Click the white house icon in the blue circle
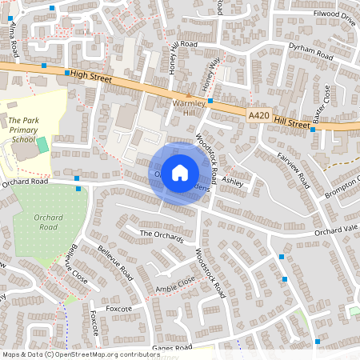(x=180, y=173)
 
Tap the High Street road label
(x=89, y=74)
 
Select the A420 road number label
(x=258, y=116)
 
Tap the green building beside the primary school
(x=42, y=146)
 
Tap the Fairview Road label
(x=294, y=169)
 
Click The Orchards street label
(x=162, y=235)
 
